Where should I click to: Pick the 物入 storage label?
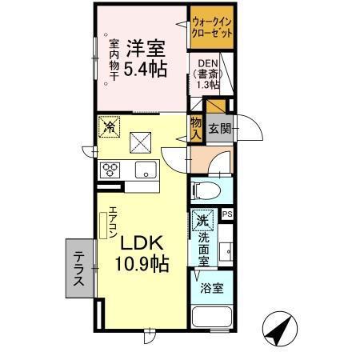click(195, 128)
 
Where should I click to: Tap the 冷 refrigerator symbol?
click(108, 126)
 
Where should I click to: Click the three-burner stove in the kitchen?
click(109, 169)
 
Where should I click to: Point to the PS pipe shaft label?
click(226, 214)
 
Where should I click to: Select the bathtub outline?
click(211, 318)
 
